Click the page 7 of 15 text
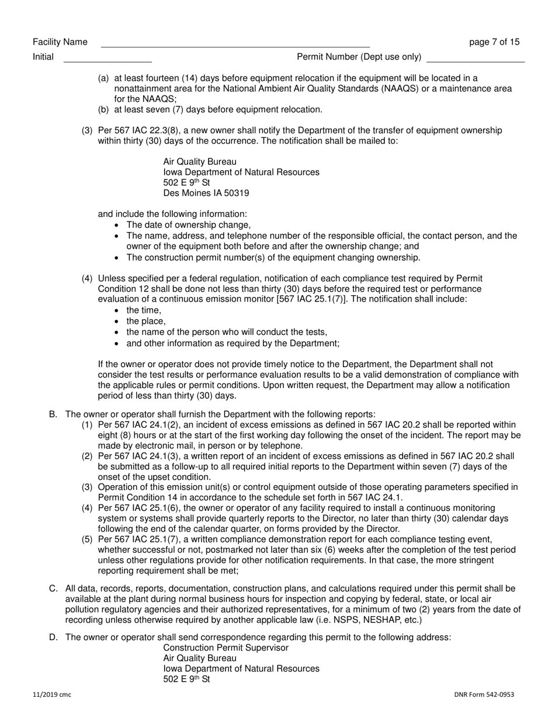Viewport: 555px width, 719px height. click(x=494, y=42)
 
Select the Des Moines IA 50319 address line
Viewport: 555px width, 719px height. click(x=202, y=193)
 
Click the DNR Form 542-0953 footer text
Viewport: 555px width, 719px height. click(x=484, y=695)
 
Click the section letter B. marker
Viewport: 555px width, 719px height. click(x=53, y=414)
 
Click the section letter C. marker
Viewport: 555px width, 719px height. click(x=53, y=589)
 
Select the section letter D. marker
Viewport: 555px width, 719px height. click(x=53, y=638)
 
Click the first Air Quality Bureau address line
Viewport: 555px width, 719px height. click(x=200, y=162)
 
